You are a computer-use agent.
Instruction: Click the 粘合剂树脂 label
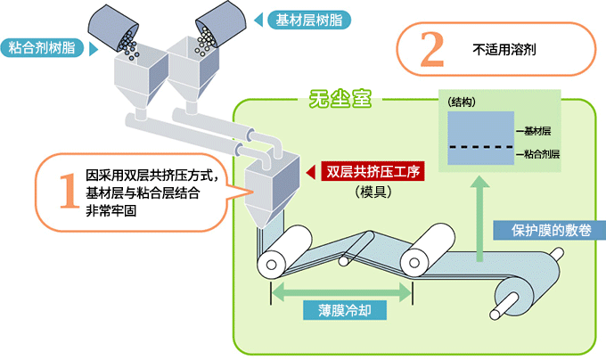point(39,46)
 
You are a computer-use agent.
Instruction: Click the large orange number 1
point(68,190)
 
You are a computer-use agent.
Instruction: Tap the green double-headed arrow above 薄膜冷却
point(342,291)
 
